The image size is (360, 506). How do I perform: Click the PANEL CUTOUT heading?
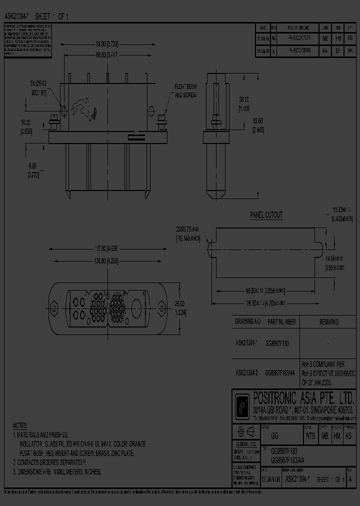[266, 215]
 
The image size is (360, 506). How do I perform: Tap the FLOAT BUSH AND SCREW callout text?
[185, 90]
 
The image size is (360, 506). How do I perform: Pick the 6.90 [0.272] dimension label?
[33, 168]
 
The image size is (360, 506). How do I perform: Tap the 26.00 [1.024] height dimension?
[179, 307]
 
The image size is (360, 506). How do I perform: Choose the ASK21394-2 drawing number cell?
[246, 372]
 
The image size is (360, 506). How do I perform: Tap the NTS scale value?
[311, 436]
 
